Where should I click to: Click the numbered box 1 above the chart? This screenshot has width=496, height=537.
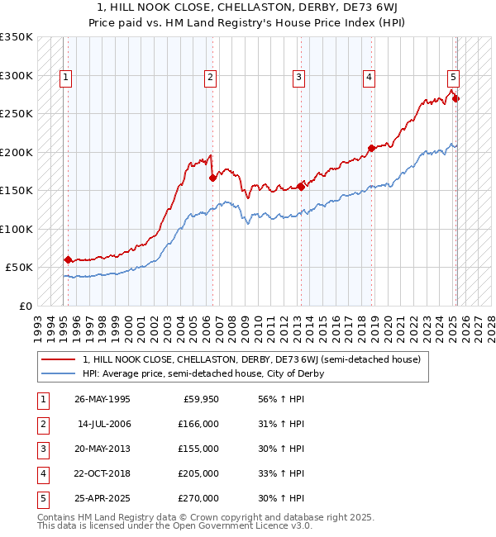click(65, 78)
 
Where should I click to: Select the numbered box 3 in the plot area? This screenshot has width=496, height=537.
click(298, 78)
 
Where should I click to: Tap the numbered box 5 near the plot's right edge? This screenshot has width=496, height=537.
click(453, 78)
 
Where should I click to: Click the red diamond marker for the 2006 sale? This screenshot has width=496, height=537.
click(212, 178)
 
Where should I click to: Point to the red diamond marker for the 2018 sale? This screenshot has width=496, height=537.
click(371, 148)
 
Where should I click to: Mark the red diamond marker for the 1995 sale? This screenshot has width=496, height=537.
click(68, 259)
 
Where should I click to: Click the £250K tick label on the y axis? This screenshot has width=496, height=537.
click(17, 113)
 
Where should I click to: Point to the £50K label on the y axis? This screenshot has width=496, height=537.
click(20, 267)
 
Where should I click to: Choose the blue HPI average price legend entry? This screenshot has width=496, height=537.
click(203, 373)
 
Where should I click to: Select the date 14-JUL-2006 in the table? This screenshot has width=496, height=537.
click(104, 424)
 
